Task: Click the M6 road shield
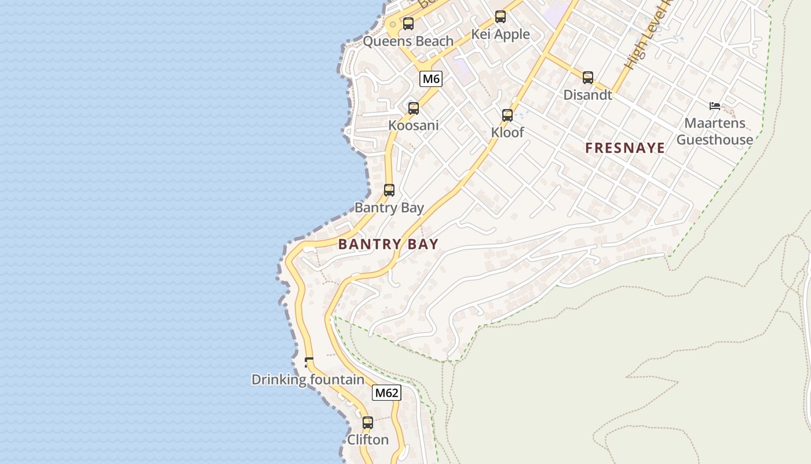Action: tap(430, 79)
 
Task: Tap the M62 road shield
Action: tap(386, 393)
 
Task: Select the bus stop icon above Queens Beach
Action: tap(408, 24)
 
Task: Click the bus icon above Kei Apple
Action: tap(501, 17)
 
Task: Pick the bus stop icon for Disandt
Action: tap(588, 77)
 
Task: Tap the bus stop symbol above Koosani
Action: tap(414, 108)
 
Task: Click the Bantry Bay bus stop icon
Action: tap(389, 190)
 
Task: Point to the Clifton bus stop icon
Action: tap(368, 423)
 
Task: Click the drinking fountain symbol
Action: tap(309, 362)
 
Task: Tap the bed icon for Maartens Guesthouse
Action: tap(715, 106)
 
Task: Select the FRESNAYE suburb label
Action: tap(625, 148)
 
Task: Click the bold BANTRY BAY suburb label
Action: tap(388, 244)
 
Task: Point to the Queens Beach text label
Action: tap(408, 41)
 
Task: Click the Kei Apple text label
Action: tap(501, 34)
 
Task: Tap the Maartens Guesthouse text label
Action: tap(715, 132)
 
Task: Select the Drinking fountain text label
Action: tap(308, 380)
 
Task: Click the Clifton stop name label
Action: tap(368, 440)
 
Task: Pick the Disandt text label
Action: tap(587, 95)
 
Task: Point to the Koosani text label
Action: tap(413, 125)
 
